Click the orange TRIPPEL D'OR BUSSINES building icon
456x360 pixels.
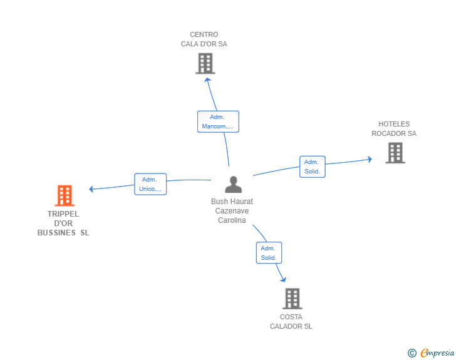pos(65,195)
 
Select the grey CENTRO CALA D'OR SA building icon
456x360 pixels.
pos(205,63)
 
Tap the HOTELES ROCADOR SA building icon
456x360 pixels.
pos(395,153)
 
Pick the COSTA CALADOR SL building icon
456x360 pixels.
pos(292,299)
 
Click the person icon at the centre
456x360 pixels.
pos(233,185)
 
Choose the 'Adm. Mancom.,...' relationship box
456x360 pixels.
pos(218,121)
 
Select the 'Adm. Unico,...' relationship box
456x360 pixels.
pos(150,184)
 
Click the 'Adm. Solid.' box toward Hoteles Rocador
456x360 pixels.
pos(312,167)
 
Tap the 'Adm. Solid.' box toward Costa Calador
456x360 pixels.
pos(269,253)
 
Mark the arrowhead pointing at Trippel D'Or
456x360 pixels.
pos(92,188)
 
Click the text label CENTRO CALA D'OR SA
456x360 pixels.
pos(204,39)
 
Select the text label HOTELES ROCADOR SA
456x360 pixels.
pos(394,129)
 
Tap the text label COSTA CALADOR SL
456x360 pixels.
pos(291,321)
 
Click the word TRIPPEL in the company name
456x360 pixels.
pos(63,214)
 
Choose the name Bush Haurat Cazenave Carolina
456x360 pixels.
pos(232,211)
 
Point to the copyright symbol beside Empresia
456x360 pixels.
pos(412,353)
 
